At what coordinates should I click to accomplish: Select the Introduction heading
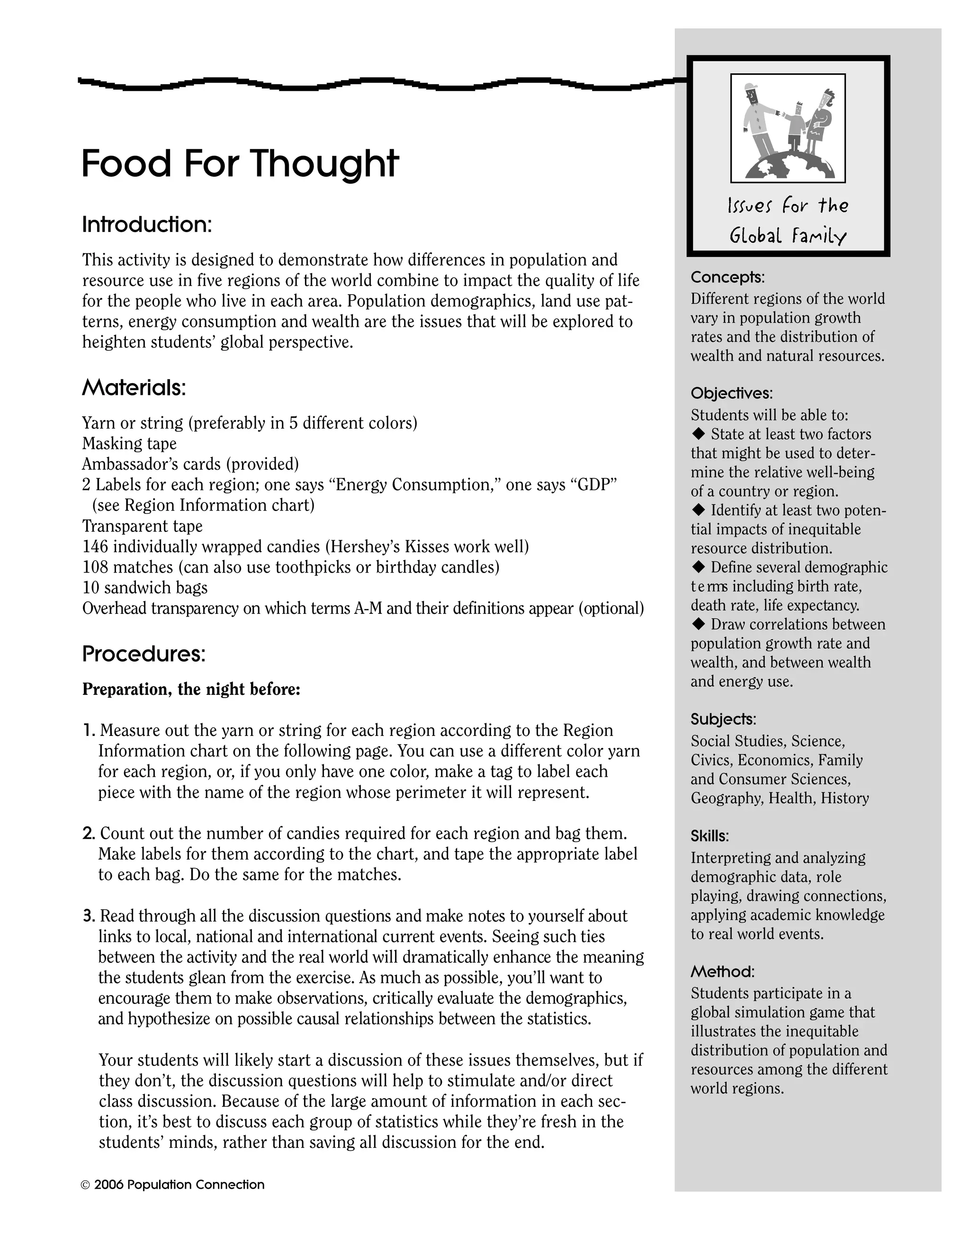click(147, 224)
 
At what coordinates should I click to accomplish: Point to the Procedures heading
click(144, 654)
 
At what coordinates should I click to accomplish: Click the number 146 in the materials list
click(95, 547)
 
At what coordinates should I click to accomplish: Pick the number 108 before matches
click(95, 567)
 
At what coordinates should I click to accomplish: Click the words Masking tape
click(129, 444)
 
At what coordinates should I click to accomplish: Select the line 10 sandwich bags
click(145, 588)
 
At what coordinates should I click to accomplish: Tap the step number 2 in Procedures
click(88, 833)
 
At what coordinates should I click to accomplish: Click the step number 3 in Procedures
click(88, 916)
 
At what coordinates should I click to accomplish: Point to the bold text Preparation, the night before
click(191, 689)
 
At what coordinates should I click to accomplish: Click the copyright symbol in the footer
click(86, 1185)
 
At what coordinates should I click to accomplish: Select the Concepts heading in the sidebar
click(727, 278)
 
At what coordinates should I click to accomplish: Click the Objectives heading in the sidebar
click(731, 394)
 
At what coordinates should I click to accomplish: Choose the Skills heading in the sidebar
click(710, 836)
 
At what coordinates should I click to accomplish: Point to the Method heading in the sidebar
click(722, 972)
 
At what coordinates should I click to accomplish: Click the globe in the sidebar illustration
click(790, 167)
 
